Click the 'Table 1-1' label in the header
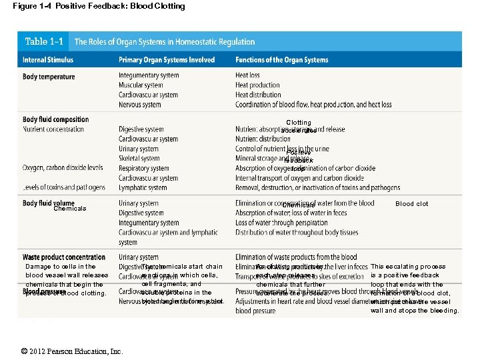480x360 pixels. point(45,41)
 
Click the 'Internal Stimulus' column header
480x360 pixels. point(48,60)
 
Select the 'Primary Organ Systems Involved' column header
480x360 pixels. point(167,60)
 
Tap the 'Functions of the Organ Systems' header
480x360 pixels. point(281,60)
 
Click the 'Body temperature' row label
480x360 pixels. point(49,77)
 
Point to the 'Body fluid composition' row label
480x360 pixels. point(55,120)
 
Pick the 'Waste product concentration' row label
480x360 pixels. point(64,257)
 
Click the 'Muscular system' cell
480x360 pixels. point(141,85)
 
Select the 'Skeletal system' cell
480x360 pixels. point(139,159)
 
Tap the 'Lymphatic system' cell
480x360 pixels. point(143,189)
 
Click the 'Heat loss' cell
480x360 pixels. point(247,75)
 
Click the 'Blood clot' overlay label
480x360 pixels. point(411,204)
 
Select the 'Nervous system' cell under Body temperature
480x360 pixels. point(140,105)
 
